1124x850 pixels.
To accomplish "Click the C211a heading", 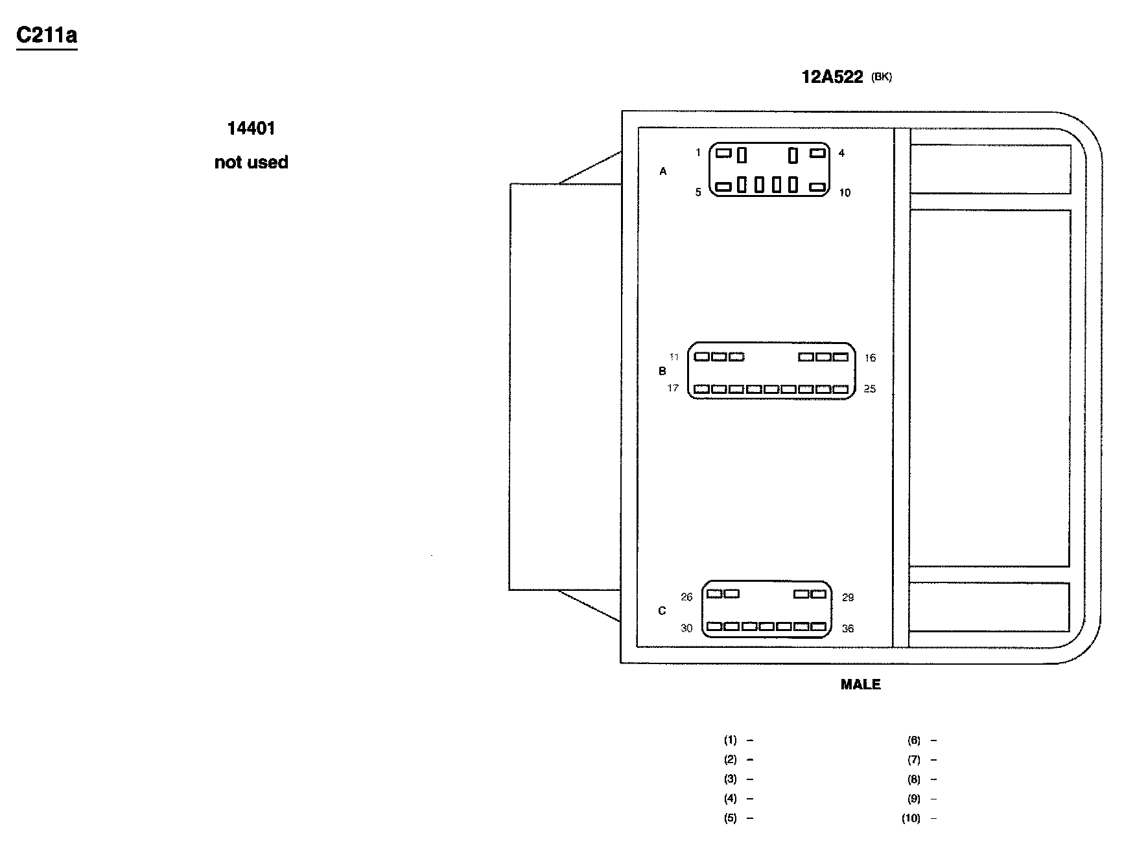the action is tap(47, 36).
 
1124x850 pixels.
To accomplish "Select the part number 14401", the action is tap(252, 128).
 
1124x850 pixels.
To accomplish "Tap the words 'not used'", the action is tap(252, 162).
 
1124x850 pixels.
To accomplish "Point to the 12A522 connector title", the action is tap(832, 77).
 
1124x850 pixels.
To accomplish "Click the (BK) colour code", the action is tap(882, 77).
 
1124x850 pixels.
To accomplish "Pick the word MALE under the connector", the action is tap(860, 684).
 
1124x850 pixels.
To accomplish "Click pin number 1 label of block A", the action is tap(698, 153).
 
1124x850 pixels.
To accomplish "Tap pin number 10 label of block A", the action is tap(845, 192).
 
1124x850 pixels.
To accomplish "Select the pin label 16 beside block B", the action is tap(870, 358).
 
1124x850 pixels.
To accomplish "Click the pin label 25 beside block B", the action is tap(870, 389).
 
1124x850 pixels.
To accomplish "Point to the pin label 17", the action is tap(673, 388).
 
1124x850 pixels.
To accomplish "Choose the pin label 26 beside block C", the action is tap(686, 597).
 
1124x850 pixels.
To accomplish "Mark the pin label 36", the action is tap(847, 628).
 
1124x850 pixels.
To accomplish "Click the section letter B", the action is tap(662, 371).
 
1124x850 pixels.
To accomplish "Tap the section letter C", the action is tap(662, 611).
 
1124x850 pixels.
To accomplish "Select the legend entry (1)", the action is tap(731, 740).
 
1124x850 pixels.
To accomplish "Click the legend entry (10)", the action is tap(911, 818).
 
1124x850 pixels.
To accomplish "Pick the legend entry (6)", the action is tap(914, 740).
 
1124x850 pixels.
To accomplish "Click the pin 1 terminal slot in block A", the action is tap(723, 153).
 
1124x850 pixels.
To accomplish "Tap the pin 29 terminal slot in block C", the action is tap(819, 593).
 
